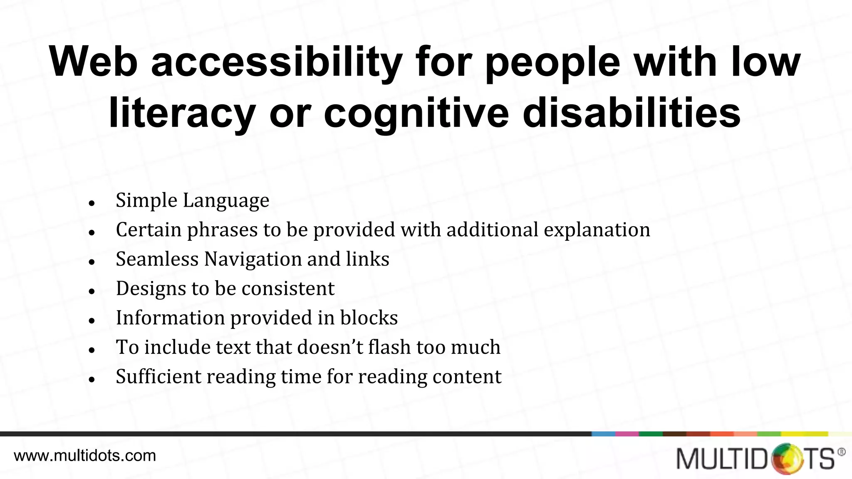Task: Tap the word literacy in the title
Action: pos(182,113)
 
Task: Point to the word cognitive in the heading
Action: pos(416,113)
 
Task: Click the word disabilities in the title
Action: pos(632,113)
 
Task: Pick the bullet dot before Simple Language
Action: pos(92,203)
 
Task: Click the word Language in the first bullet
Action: pos(226,201)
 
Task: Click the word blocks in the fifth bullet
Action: pos(369,318)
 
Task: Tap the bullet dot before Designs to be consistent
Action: pos(92,291)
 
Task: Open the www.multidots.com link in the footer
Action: pos(85,456)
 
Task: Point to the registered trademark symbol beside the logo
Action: pos(841,452)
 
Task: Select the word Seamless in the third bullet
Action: pos(157,259)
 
